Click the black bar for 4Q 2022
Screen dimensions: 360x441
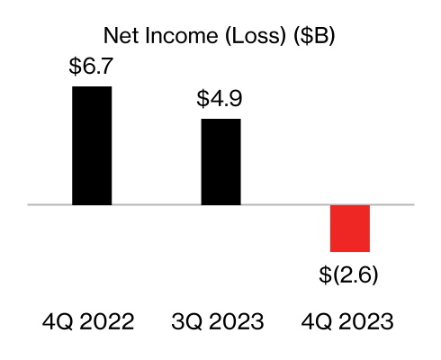coord(92,146)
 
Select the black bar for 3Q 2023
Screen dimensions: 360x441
coord(220,162)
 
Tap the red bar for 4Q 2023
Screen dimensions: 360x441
coord(350,229)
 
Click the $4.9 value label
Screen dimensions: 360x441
coord(220,98)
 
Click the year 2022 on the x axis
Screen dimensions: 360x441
coord(113,322)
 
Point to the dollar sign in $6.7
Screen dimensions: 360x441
coord(75,67)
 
